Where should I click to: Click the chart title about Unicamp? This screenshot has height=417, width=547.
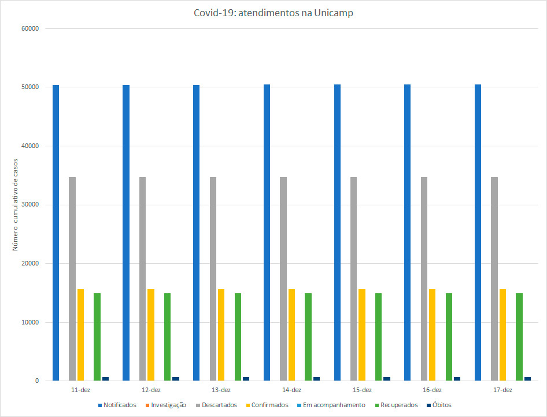coord(273,13)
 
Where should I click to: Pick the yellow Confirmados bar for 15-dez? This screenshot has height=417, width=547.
coord(362,335)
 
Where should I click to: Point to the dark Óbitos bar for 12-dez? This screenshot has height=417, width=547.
coord(176,379)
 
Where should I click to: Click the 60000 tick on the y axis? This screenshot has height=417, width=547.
coord(29,28)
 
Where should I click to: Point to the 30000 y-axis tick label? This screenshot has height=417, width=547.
coord(29,205)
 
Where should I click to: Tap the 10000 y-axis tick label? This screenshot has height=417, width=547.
coord(29,322)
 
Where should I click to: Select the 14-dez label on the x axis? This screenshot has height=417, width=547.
coord(291,390)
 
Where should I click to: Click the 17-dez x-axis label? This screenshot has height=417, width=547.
coord(502,390)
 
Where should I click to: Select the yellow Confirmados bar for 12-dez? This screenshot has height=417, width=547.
coord(151,335)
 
